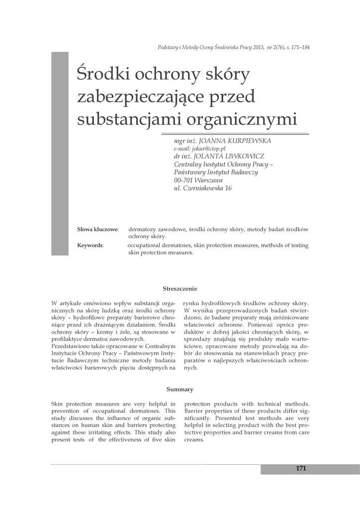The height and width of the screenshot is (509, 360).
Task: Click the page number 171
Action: pyautogui.click(x=300, y=468)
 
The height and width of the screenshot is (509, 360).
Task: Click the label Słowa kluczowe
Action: pyautogui.click(x=97, y=230)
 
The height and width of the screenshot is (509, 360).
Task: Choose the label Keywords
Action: pyautogui.click(x=90, y=246)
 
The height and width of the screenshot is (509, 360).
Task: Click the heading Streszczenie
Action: pyautogui.click(x=180, y=288)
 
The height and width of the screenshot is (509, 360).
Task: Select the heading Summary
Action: pyautogui.click(x=180, y=389)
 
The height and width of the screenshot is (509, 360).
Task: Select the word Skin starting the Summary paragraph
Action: pyautogui.click(x=58, y=404)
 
